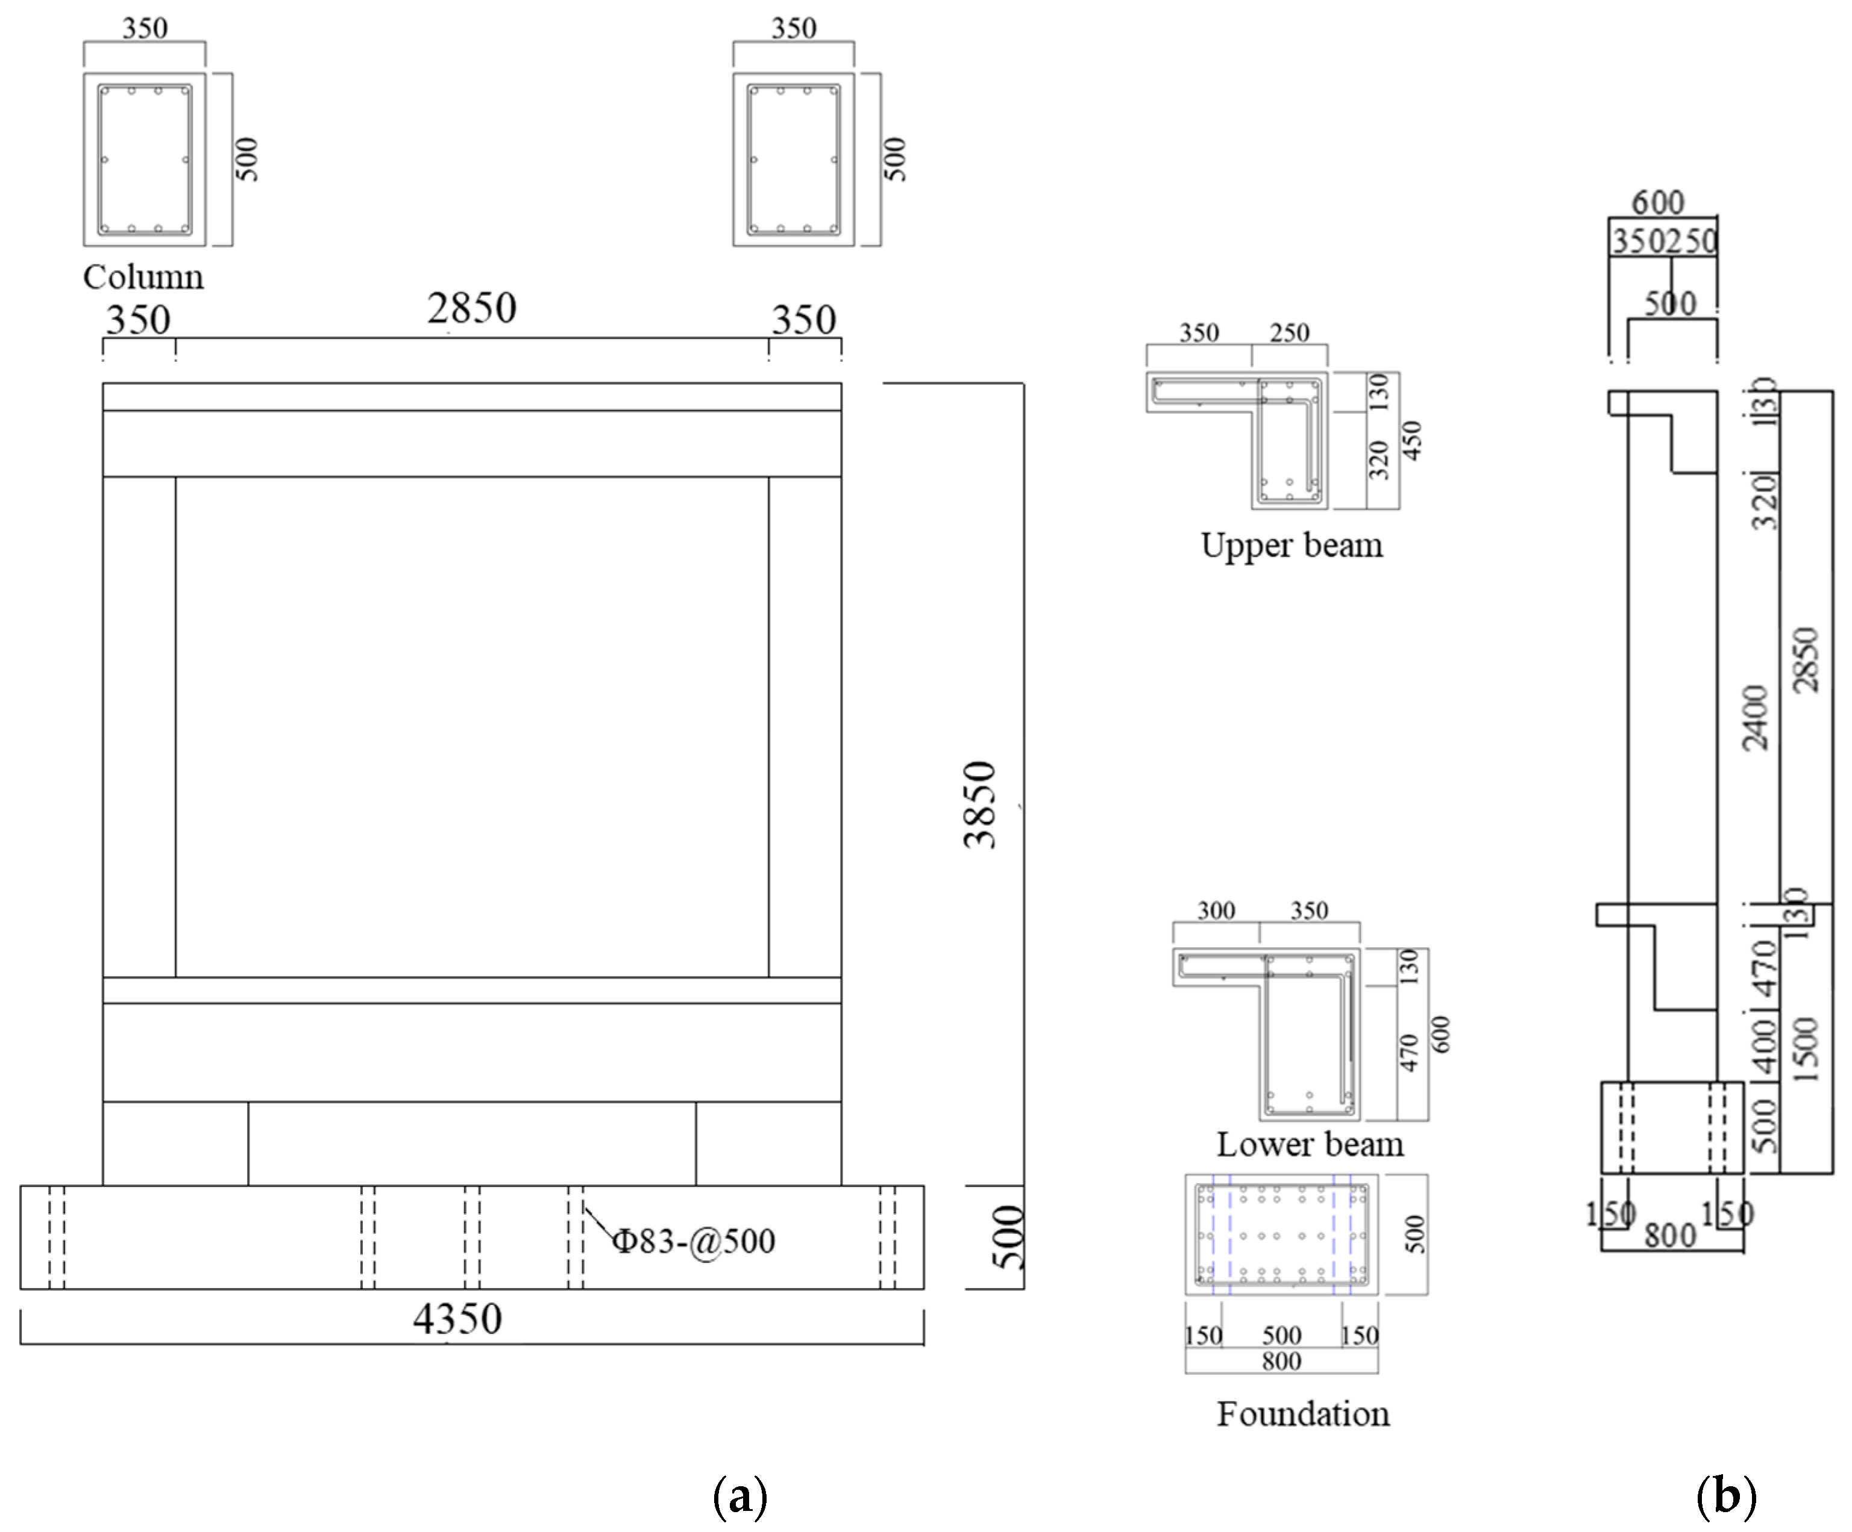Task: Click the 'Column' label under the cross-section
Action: pos(143,277)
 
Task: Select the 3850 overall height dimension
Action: pos(980,804)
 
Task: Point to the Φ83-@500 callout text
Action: pos(693,1241)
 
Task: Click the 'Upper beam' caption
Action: pos(1291,545)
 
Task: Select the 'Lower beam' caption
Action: pos(1310,1144)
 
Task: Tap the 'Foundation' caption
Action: pos(1302,1414)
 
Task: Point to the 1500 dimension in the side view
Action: pos(1806,1049)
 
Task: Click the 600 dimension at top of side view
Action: pos(1657,203)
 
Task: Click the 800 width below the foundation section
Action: pos(1281,1362)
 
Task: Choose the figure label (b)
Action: pos(1726,1496)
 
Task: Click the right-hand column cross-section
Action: pos(793,160)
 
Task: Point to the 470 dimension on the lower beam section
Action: pos(1408,1053)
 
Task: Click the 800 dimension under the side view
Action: pos(1669,1235)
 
